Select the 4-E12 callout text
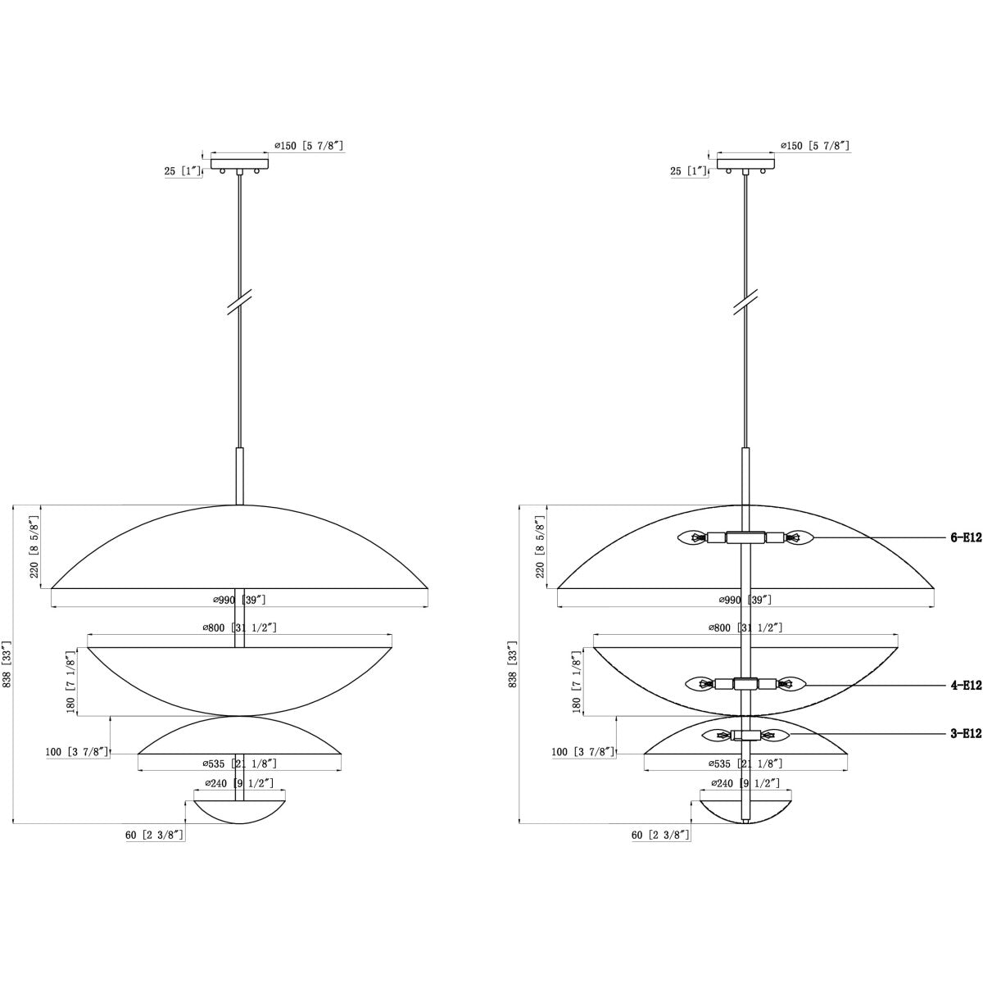point(966,686)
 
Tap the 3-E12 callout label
point(966,734)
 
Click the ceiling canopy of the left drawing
point(240,164)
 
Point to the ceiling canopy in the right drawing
point(745,164)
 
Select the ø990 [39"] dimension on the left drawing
point(239,600)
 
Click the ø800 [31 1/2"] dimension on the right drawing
point(745,628)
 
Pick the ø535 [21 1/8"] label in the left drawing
point(239,763)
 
